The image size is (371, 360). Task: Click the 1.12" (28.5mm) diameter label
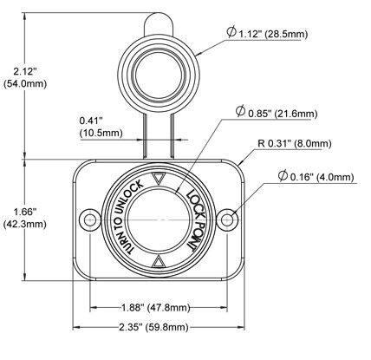tap(267, 33)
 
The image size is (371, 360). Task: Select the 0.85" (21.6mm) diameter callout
tap(277, 112)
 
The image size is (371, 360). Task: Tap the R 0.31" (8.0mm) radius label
tap(295, 143)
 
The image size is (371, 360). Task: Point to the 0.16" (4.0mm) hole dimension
tap(316, 176)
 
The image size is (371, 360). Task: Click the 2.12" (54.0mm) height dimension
tap(25, 77)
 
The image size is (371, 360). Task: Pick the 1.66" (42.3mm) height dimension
tap(25, 218)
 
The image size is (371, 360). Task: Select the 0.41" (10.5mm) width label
tap(101, 127)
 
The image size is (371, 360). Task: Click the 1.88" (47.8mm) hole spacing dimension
tap(155, 307)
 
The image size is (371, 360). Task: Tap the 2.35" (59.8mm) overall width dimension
tap(153, 327)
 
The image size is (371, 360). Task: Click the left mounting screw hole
tap(90, 219)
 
